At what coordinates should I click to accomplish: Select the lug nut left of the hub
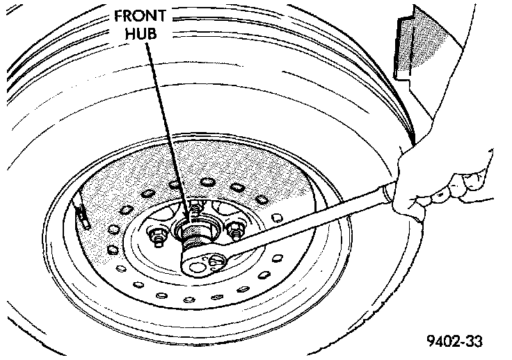(x=157, y=237)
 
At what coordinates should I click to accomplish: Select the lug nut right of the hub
(x=237, y=228)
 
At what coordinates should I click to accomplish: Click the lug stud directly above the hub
(x=198, y=206)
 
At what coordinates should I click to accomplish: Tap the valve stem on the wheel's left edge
(x=81, y=215)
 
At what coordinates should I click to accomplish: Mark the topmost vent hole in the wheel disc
(x=207, y=183)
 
